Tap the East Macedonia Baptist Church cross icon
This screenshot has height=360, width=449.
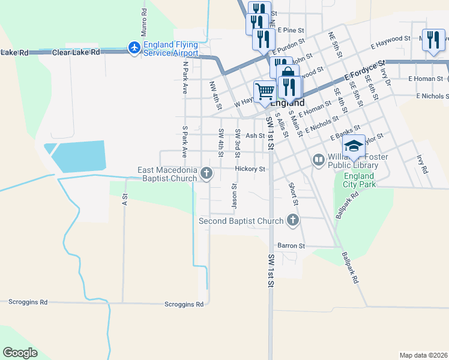pyautogui.click(x=206, y=174)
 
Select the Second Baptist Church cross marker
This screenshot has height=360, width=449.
pyautogui.click(x=293, y=220)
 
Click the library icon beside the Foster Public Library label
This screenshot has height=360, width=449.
pyautogui.click(x=318, y=160)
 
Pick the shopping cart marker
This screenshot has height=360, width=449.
pyautogui.click(x=265, y=92)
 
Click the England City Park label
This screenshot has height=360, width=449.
pyautogui.click(x=360, y=180)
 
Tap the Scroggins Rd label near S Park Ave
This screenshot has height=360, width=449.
pyautogui.click(x=184, y=304)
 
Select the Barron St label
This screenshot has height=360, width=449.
pyautogui.click(x=291, y=246)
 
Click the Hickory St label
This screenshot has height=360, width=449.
pyautogui.click(x=250, y=169)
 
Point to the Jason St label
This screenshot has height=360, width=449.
pyautogui.click(x=234, y=197)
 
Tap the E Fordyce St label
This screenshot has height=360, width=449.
pyautogui.click(x=364, y=71)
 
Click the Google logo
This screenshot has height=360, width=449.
pyautogui.click(x=20, y=353)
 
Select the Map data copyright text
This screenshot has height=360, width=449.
pyautogui.click(x=424, y=355)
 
